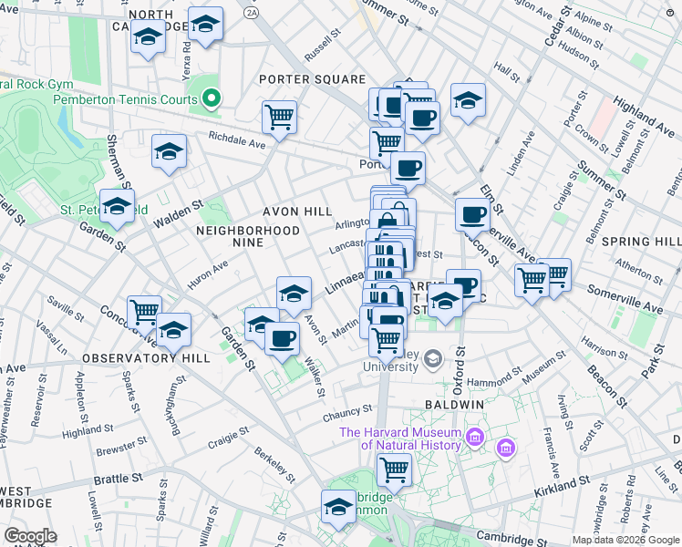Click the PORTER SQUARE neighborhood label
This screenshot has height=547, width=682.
click(x=312, y=79)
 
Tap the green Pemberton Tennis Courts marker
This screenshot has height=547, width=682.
click(x=212, y=98)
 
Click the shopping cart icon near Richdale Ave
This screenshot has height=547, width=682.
click(x=279, y=117)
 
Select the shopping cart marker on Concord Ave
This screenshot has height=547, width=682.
click(x=144, y=312)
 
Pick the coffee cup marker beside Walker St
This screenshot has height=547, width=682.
click(x=282, y=337)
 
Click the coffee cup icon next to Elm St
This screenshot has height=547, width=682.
click(x=472, y=215)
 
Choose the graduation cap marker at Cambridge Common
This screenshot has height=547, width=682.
click(x=338, y=506)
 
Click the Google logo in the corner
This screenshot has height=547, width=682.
click(x=29, y=536)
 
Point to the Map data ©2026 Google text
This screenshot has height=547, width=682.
click(x=625, y=540)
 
